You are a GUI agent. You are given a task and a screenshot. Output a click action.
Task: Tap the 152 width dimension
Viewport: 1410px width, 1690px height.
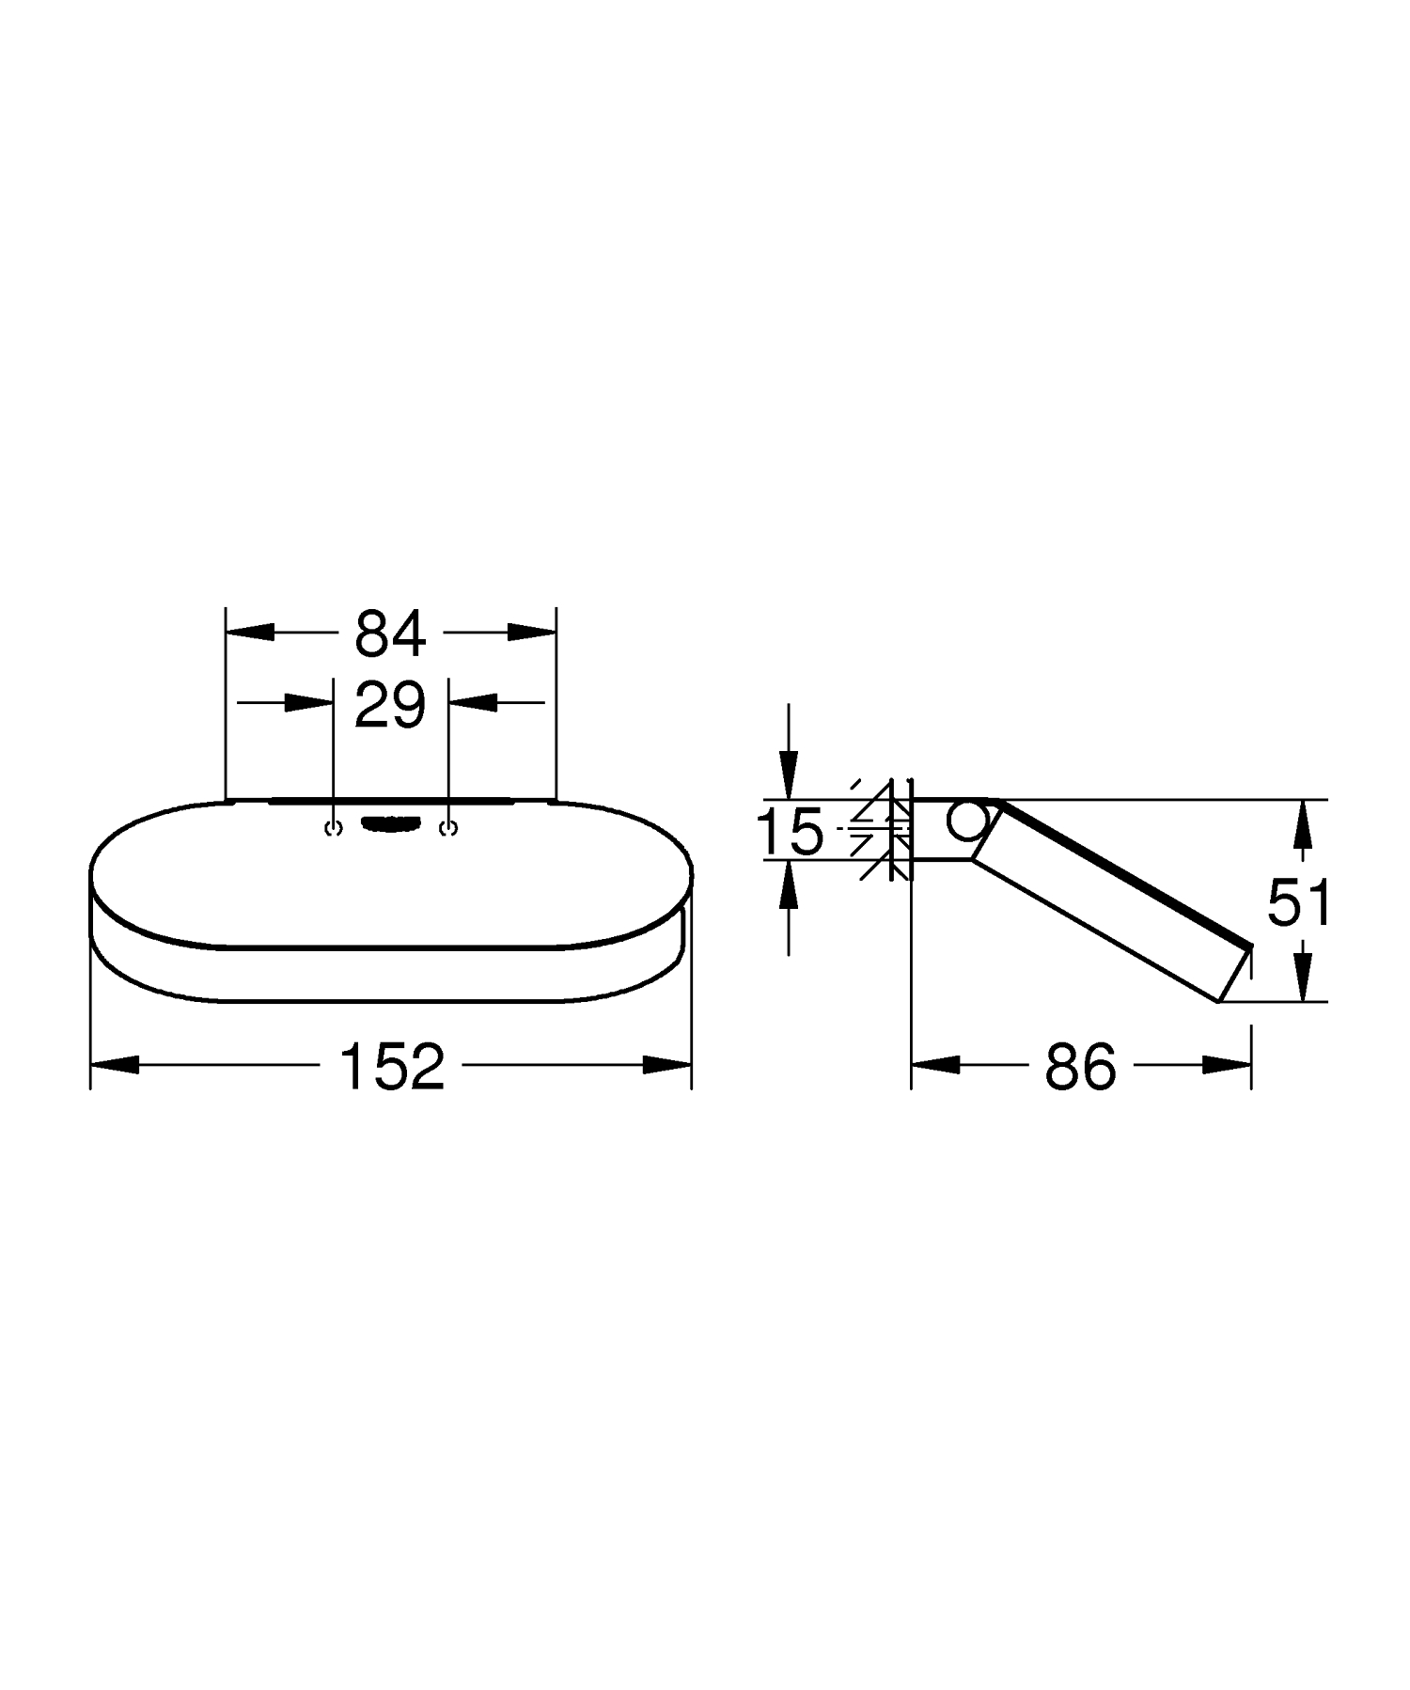[391, 1067]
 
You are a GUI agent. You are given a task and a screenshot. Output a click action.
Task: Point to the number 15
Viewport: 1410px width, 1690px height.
[790, 831]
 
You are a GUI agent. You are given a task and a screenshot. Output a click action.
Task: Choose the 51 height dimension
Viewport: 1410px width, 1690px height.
[1298, 902]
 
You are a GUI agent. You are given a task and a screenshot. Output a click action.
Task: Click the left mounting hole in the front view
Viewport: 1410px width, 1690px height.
[331, 828]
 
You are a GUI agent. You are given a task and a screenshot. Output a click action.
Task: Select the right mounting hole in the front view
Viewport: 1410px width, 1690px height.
[449, 828]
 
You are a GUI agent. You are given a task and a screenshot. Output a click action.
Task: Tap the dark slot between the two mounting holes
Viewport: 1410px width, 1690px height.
[390, 824]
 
